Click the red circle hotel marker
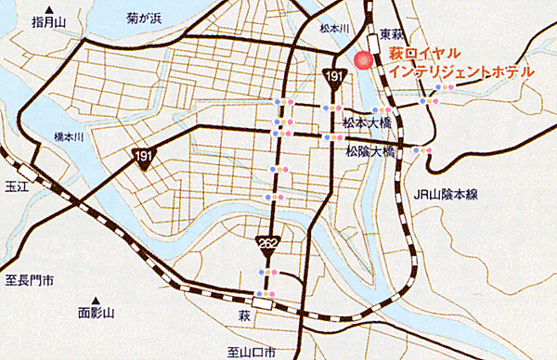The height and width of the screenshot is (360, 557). pyautogui.click(x=364, y=61)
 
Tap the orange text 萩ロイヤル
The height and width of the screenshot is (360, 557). pyautogui.click(x=428, y=55)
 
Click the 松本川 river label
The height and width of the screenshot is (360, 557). pyautogui.click(x=331, y=29)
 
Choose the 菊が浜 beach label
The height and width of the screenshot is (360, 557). pyautogui.click(x=147, y=17)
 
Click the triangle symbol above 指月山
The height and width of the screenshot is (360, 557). pyautogui.click(x=57, y=11)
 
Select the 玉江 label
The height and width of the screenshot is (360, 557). pyautogui.click(x=15, y=184)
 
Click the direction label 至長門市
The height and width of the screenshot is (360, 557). pyautogui.click(x=30, y=278)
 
